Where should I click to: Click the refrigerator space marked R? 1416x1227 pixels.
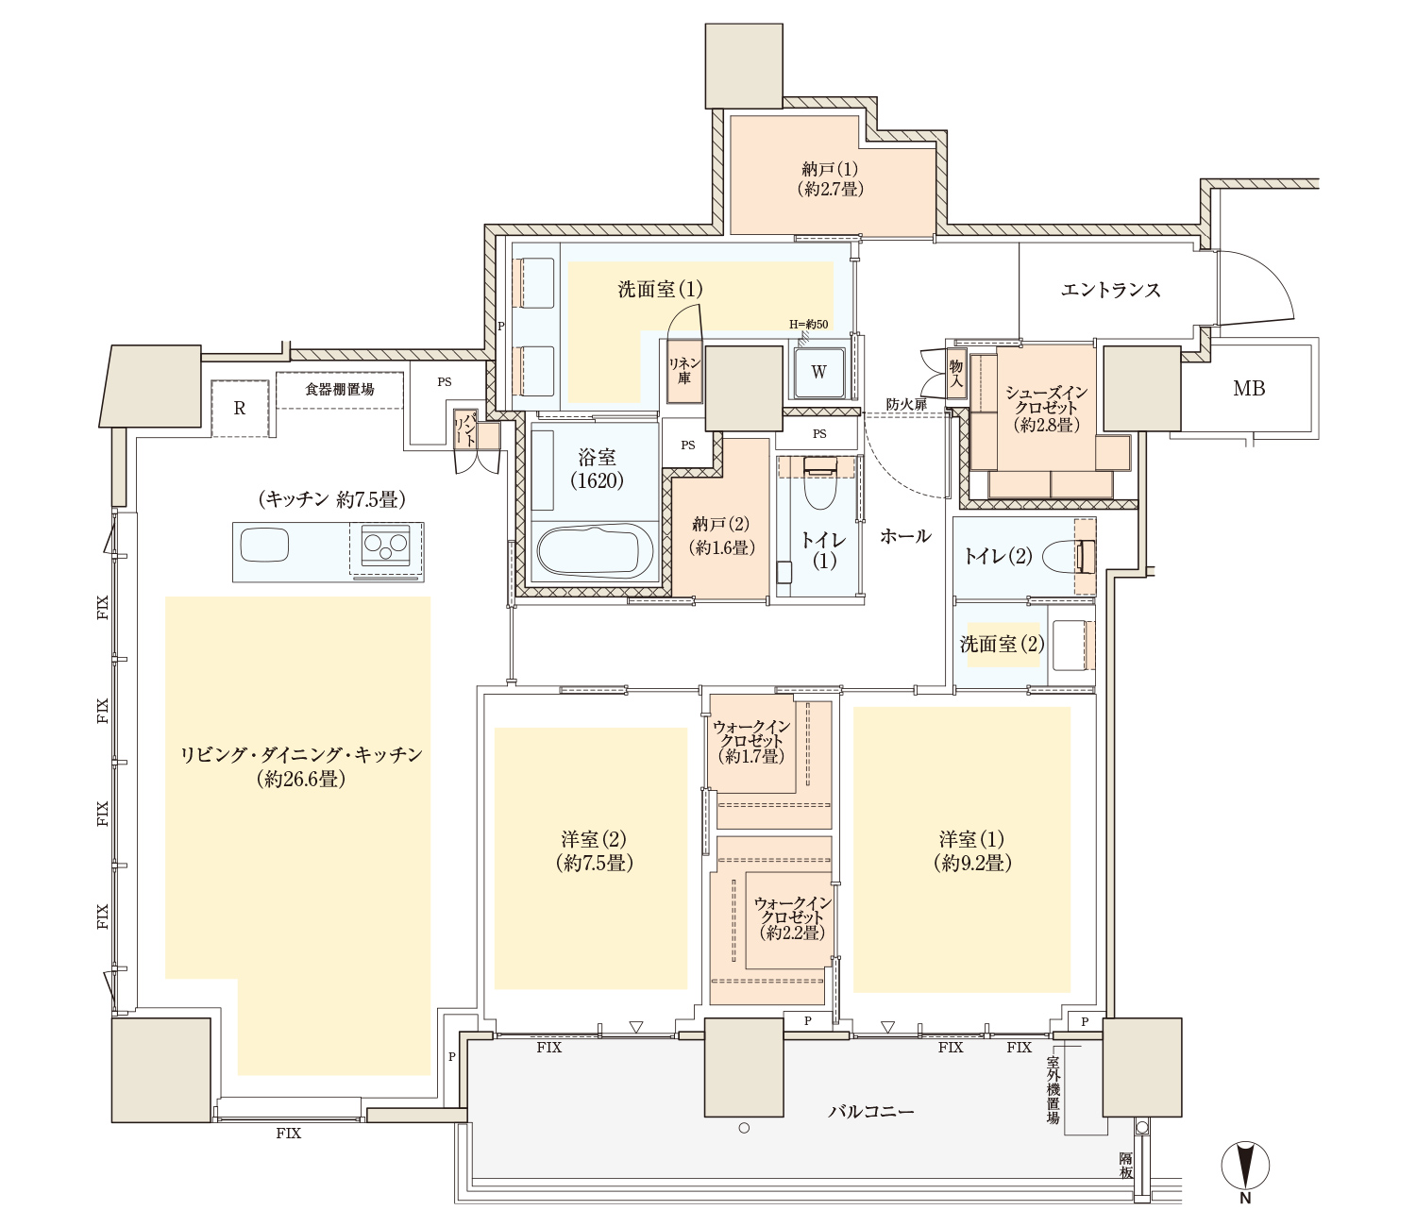coord(239,409)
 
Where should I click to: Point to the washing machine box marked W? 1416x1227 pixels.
coord(818,372)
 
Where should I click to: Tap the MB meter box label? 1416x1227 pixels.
coord(1248,389)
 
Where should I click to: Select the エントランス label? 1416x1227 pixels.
coord(1110,290)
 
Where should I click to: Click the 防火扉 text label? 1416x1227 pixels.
coord(905,404)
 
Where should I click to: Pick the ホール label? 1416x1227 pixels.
coord(905,536)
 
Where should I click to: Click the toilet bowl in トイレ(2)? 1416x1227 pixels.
coord(1070,557)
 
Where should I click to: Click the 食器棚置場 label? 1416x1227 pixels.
coord(339,390)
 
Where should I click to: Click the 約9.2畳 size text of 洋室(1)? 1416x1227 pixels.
coord(972,863)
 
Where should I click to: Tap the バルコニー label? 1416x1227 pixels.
coord(870,1111)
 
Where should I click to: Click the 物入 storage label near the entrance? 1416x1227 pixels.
coord(955,374)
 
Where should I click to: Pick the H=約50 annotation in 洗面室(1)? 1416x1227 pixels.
coord(808,324)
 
